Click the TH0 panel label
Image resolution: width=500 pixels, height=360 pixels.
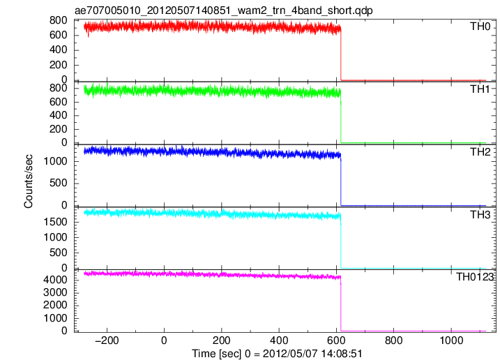tap(480, 27)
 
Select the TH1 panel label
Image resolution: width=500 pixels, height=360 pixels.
tap(480, 89)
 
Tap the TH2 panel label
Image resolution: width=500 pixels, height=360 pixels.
tap(480, 152)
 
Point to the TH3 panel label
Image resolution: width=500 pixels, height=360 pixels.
tap(480, 215)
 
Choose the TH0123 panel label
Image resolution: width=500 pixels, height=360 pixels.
tap(475, 277)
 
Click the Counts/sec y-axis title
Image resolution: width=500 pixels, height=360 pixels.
tap(29, 181)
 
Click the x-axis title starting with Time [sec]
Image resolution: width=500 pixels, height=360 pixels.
tap(277, 354)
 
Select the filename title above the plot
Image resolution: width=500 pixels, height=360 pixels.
tap(224, 10)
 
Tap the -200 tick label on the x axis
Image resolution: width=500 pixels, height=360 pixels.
tap(107, 340)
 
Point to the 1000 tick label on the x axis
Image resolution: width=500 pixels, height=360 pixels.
tap(451, 340)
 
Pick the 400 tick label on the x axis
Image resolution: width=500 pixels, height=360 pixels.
tap(279, 340)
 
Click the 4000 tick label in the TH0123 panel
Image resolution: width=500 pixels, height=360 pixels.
tap(56, 280)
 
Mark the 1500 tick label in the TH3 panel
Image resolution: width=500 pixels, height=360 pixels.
tap(56, 222)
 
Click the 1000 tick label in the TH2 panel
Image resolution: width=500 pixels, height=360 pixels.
tap(56, 161)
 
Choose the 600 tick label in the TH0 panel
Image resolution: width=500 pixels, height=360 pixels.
tap(59, 35)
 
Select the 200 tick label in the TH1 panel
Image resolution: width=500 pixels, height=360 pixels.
tap(59, 129)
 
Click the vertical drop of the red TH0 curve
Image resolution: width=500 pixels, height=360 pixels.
tap(341, 54)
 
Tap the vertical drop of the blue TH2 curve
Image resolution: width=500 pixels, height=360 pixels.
tap(341, 180)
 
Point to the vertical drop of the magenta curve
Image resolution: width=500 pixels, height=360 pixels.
tap(341, 304)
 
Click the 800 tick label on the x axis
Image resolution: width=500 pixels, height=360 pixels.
tap(394, 340)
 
